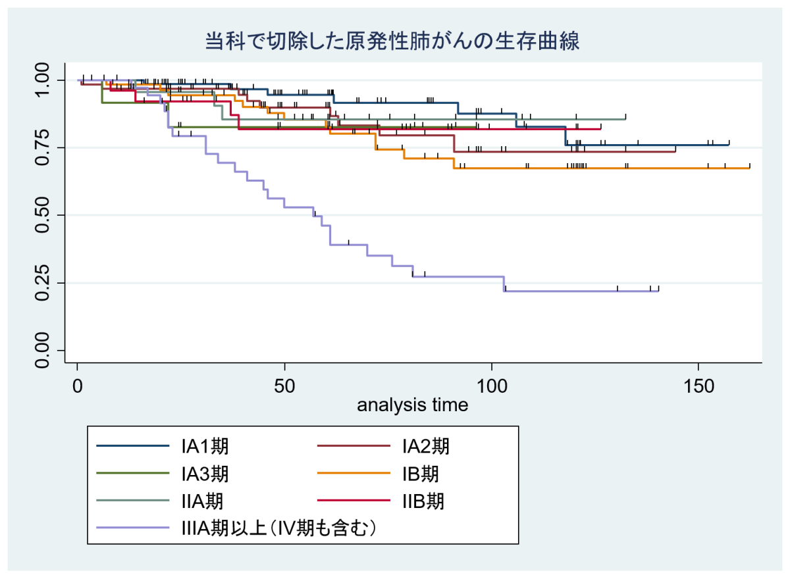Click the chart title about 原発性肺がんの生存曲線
pyautogui.click(x=392, y=41)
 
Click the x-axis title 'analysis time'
pyautogui.click(x=413, y=405)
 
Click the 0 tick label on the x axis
pyautogui.click(x=78, y=385)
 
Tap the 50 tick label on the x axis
pyautogui.click(x=284, y=385)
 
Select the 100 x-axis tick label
pyautogui.click(x=491, y=385)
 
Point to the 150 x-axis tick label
pyautogui.click(x=698, y=385)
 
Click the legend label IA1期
pyautogui.click(x=205, y=447)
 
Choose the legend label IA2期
pyautogui.click(x=426, y=447)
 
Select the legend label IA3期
pyautogui.click(x=205, y=474)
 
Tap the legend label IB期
pyautogui.click(x=421, y=474)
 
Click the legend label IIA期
pyautogui.click(x=202, y=501)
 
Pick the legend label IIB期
pyautogui.click(x=423, y=501)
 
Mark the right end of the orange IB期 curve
pyautogui.click(x=750, y=168)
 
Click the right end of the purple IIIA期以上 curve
pyautogui.click(x=658, y=291)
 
